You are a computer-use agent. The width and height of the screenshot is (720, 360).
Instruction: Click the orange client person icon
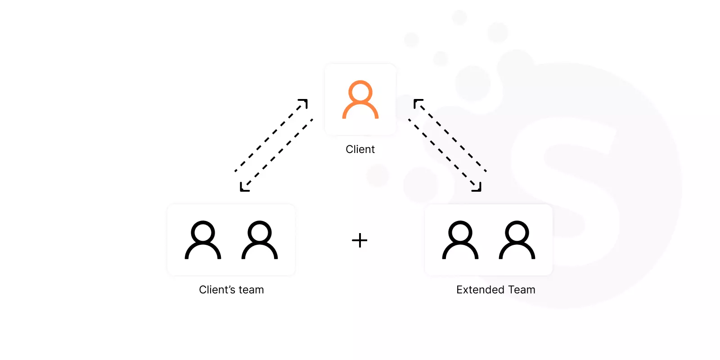coord(360,106)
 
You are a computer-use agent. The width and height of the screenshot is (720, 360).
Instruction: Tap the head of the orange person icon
coord(360,81)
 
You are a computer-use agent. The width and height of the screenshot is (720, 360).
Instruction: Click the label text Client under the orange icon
coord(360,149)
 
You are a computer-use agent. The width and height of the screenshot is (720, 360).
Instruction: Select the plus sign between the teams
coord(360,240)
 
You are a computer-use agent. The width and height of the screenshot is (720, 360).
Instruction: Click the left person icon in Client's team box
coord(203,222)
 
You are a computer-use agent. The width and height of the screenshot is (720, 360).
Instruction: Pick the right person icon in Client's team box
coord(260,222)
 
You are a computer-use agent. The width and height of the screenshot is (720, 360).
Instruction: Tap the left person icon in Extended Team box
coord(460,222)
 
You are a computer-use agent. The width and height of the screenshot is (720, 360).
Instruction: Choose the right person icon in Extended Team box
coord(517,222)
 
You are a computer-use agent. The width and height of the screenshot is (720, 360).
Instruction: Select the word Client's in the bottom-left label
coord(217,290)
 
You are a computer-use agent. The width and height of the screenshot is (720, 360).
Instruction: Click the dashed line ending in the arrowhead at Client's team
coord(276,155)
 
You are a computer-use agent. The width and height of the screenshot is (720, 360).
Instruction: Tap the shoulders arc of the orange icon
coord(360,103)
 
